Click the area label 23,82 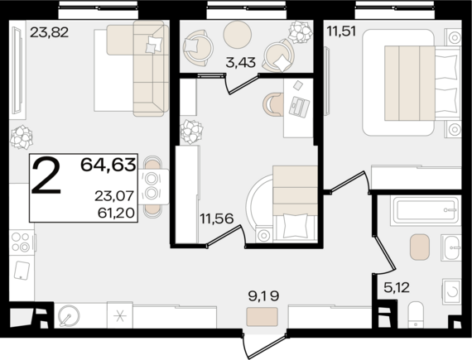click(50, 32)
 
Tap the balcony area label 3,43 click(240, 63)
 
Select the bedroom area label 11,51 click(342, 31)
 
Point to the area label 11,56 click(217, 218)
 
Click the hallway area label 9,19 click(263, 296)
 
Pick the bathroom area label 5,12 click(397, 287)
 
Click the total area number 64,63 click(108, 165)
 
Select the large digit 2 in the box click(46, 176)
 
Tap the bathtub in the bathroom click(426, 210)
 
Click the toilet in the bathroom click(416, 314)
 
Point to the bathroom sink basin click(451, 247)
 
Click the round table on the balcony click(237, 34)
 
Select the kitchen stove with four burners click(21, 242)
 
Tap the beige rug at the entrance click(262, 317)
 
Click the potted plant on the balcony click(299, 31)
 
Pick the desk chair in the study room click(273, 104)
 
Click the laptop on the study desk click(299, 107)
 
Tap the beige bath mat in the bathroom click(419, 247)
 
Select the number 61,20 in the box click(116, 213)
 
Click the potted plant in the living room click(22, 137)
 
